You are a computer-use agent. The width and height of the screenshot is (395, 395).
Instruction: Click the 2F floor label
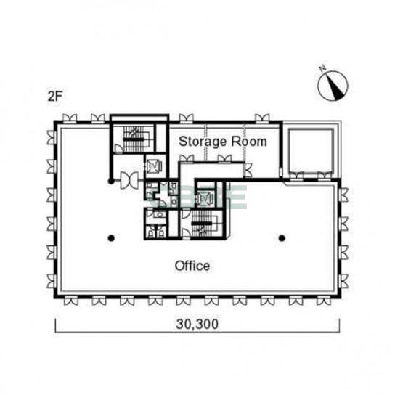pos(55,96)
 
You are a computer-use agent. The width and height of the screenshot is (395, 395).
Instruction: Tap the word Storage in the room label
pos(203,142)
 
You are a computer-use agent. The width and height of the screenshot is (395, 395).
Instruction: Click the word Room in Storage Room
pos(249,142)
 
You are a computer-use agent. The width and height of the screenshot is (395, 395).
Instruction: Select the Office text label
pos(192,266)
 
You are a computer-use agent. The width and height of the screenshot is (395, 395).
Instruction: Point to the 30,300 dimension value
pos(197,325)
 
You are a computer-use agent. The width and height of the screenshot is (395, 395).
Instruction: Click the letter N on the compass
pos(322,68)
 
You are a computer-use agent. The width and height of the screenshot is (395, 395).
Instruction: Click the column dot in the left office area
pos(111,238)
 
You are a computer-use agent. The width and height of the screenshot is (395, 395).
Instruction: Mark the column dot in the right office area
pos(282,238)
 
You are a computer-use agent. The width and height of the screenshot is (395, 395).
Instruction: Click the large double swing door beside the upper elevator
pos(129,180)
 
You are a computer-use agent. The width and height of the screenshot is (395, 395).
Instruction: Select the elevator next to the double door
pos(155,166)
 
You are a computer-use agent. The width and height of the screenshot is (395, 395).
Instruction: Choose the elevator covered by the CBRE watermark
pos(205,199)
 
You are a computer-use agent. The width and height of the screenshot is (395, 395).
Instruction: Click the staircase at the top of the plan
pos(134,139)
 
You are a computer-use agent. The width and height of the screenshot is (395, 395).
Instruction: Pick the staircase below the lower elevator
pos(202,224)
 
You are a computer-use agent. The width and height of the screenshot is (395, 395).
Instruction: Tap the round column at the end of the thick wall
pos(110,181)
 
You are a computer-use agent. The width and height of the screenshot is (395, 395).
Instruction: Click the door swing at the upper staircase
pos(118,149)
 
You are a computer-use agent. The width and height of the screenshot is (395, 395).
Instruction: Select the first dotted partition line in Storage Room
pos(206,142)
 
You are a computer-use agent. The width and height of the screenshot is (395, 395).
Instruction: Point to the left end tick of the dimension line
pos(55,325)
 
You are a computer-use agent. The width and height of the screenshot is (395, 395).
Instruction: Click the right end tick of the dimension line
pos(339,325)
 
